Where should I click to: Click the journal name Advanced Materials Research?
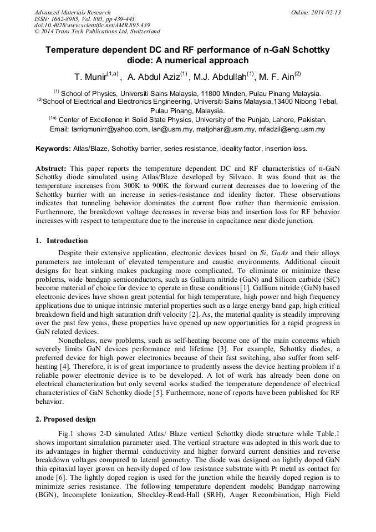[x=72, y=12]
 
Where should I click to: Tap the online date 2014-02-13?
[x=326, y=12]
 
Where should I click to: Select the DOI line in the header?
[x=92, y=26]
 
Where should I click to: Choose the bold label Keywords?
[x=53, y=149]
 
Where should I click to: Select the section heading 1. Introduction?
[x=62, y=241]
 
